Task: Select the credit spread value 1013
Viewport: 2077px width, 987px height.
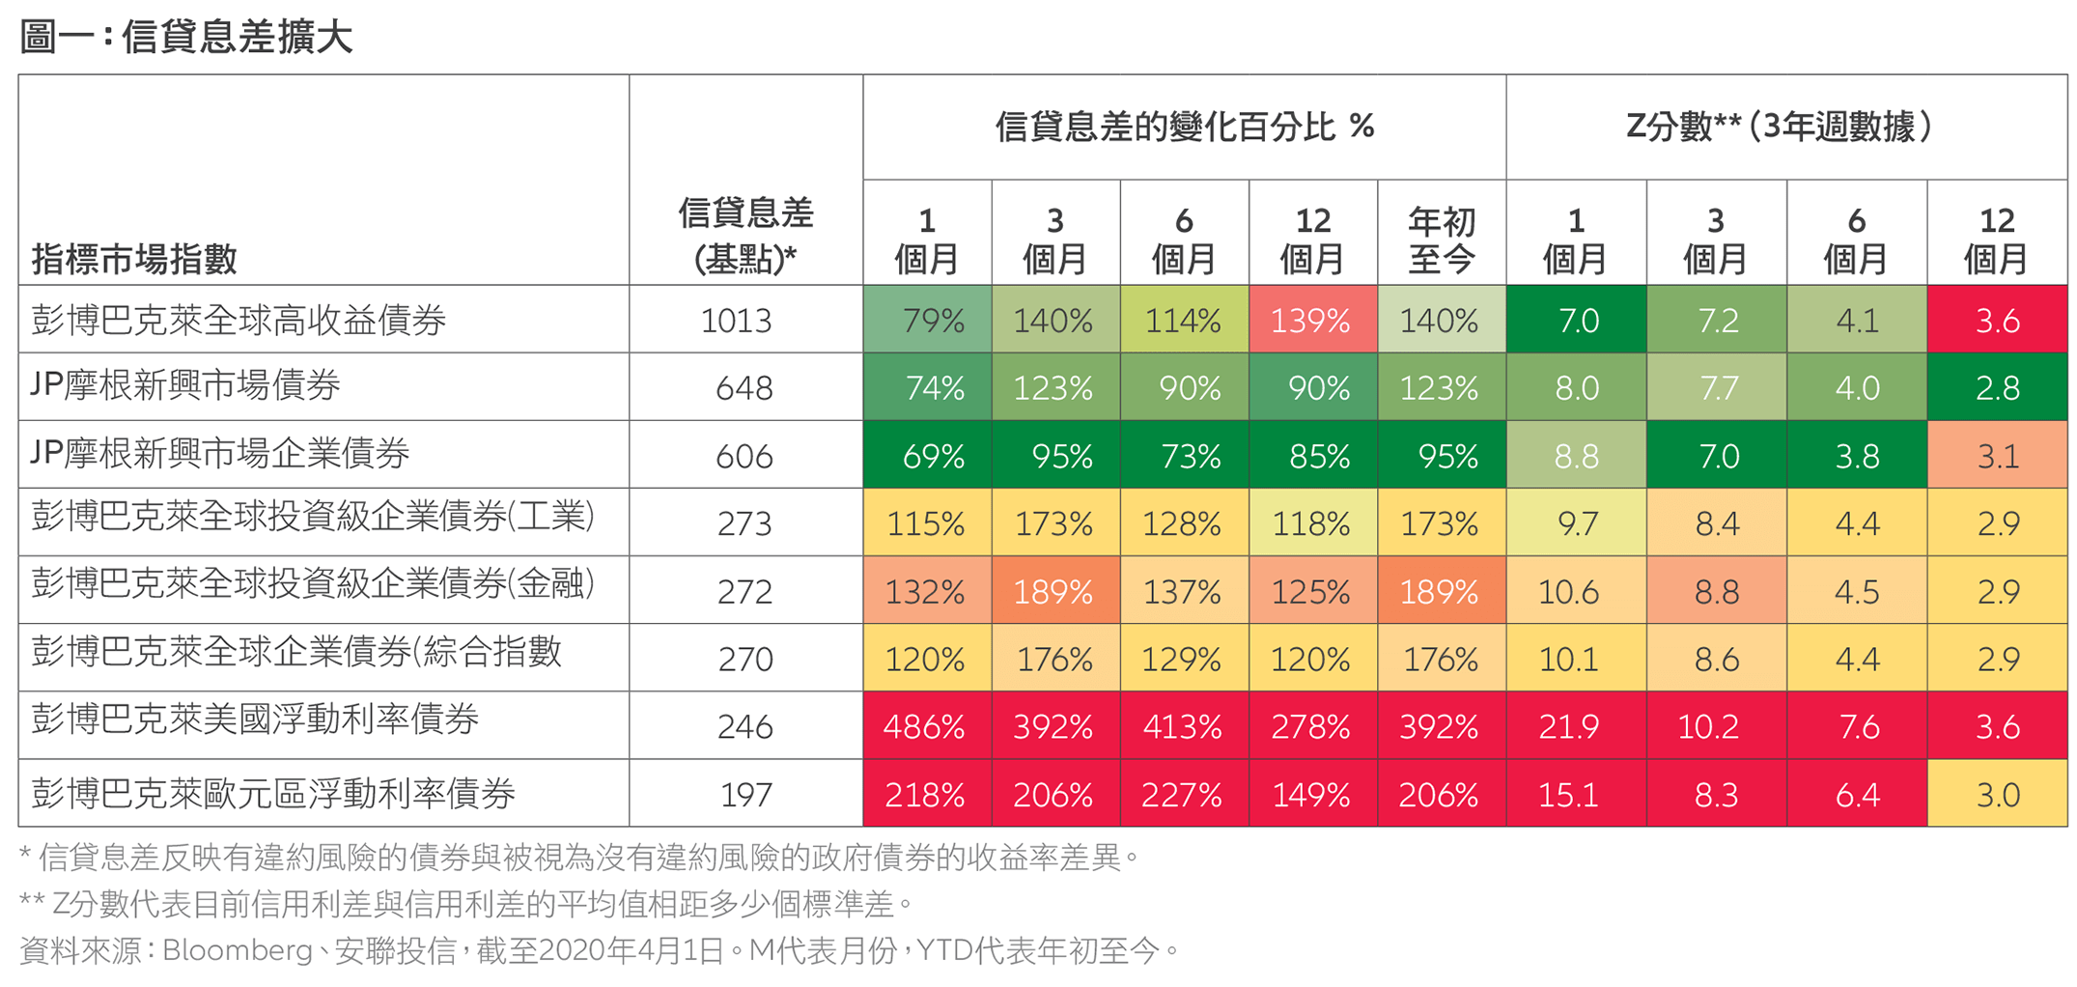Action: point(736,321)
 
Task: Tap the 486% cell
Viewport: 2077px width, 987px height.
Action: point(925,726)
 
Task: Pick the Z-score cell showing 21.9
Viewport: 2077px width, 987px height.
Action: point(1569,726)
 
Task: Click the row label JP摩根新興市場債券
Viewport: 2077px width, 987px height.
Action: point(185,386)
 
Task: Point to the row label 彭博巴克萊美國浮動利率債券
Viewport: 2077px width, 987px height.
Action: point(255,719)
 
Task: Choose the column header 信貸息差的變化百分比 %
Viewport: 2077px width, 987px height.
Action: point(1184,127)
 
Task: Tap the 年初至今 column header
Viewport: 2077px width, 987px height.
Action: point(1441,240)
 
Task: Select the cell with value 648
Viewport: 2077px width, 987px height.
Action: point(744,388)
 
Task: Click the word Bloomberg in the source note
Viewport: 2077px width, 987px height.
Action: point(237,951)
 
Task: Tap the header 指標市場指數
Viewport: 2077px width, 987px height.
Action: point(134,259)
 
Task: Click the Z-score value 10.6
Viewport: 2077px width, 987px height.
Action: point(1569,591)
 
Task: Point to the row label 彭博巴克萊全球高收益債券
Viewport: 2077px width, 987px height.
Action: point(239,320)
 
